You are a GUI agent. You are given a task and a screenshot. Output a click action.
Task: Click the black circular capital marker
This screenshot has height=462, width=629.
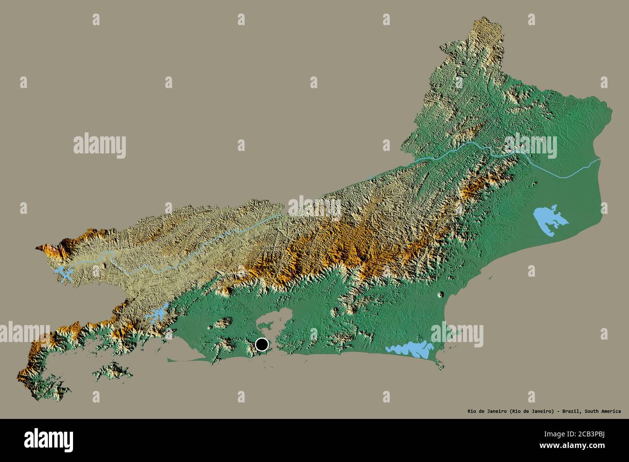pyautogui.click(x=262, y=344)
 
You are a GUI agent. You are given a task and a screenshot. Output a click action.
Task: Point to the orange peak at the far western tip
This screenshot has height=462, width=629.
pyautogui.click(x=51, y=250)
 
